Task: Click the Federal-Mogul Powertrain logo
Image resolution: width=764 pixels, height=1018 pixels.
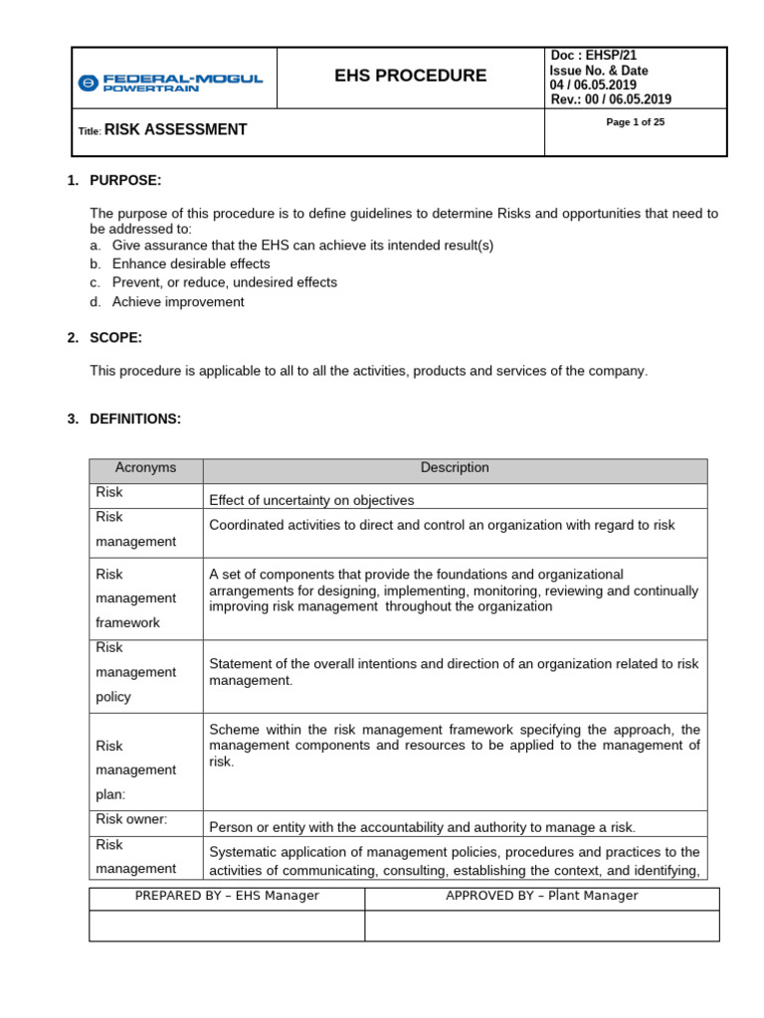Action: (170, 83)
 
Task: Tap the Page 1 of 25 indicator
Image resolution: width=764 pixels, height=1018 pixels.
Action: (635, 122)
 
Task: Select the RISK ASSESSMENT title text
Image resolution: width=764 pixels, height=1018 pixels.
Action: (175, 129)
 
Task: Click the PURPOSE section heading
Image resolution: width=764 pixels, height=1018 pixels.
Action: (125, 180)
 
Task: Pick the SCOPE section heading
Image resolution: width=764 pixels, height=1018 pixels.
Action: (115, 337)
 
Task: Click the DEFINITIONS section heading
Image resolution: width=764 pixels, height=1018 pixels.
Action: (135, 419)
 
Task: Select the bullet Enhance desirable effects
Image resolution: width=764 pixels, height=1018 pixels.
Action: (191, 263)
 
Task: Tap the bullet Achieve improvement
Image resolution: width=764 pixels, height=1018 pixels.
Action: (178, 301)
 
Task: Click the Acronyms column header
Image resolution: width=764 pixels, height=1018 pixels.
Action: (145, 467)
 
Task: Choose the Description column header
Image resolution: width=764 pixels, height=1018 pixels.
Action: (455, 467)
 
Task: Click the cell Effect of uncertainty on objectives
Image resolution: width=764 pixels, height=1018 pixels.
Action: (311, 500)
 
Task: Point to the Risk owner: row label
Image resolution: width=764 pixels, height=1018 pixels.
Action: (131, 819)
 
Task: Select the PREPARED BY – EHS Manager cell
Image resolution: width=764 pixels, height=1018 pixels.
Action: (227, 896)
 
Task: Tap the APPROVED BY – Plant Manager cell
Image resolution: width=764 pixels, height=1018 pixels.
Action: (541, 896)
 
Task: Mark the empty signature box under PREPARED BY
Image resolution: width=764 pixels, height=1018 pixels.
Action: (227, 926)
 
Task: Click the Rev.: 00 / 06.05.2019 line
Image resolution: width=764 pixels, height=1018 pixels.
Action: (610, 99)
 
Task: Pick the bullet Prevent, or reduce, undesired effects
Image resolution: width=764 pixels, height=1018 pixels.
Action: (224, 282)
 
